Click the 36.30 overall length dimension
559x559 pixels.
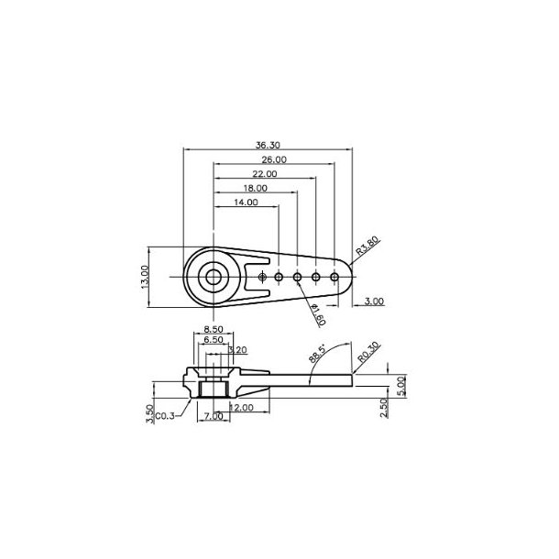click(268, 144)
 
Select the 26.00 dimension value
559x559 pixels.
click(273, 159)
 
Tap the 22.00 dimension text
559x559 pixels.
click(264, 173)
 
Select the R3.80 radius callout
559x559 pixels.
click(367, 247)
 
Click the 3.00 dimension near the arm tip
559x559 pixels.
click(374, 301)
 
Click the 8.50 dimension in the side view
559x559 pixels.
click(213, 328)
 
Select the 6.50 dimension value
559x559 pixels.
click(213, 339)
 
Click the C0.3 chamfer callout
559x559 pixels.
click(166, 416)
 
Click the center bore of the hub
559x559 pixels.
click(214, 276)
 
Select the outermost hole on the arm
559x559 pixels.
click(334, 276)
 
